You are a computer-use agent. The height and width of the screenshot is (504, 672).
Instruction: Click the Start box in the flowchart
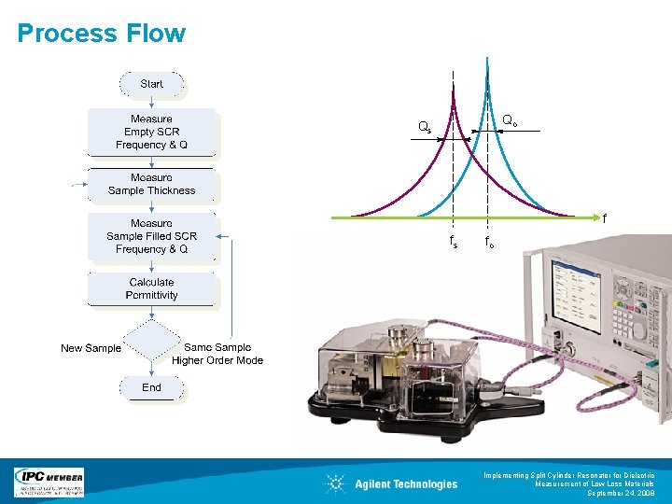pos(152,84)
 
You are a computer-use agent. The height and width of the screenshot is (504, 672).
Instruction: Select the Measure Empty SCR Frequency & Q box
pos(151,132)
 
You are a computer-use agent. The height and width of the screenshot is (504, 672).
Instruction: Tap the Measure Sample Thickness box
pos(151,184)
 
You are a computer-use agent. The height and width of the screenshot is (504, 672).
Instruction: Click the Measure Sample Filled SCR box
pos(151,236)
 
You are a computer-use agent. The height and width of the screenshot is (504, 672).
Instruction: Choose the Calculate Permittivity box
pos(151,288)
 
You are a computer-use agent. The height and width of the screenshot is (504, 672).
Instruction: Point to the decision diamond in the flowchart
pos(151,342)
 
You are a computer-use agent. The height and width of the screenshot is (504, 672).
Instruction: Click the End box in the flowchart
pos(151,387)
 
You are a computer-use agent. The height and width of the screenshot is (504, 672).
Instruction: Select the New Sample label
pos(91,348)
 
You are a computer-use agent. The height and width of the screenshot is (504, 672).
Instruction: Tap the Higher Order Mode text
pos(217,360)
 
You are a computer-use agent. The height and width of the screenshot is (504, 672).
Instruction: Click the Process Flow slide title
pos(102,34)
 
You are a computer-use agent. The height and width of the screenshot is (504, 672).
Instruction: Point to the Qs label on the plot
pos(425,127)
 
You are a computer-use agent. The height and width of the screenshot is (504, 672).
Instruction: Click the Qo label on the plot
pos(511,120)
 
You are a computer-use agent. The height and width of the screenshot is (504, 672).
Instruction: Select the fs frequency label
pos(454,242)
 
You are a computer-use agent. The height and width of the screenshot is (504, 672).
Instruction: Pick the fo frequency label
pos(489,242)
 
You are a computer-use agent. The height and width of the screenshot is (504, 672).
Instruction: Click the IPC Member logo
pos(49,482)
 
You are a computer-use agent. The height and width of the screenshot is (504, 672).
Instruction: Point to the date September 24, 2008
pos(621,494)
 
